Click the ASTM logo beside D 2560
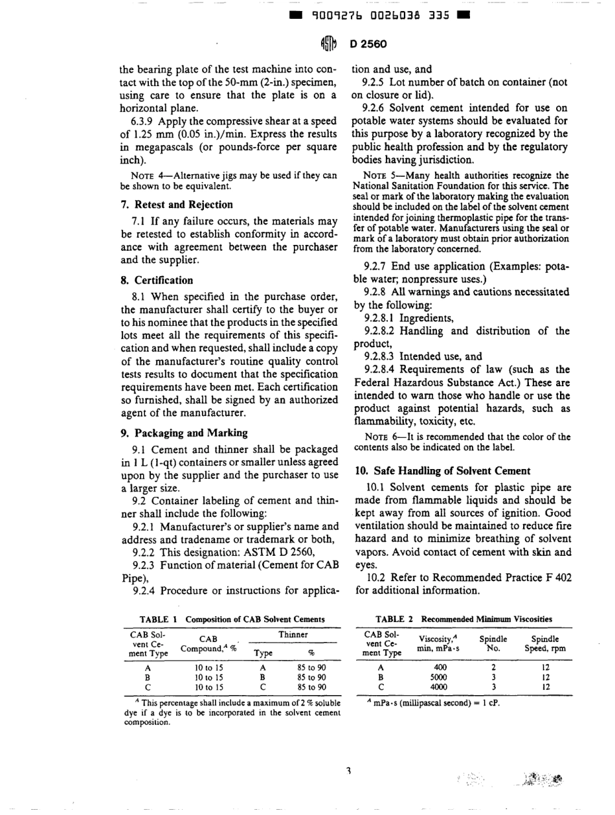coord(328,44)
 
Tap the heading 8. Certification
coord(157,281)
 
